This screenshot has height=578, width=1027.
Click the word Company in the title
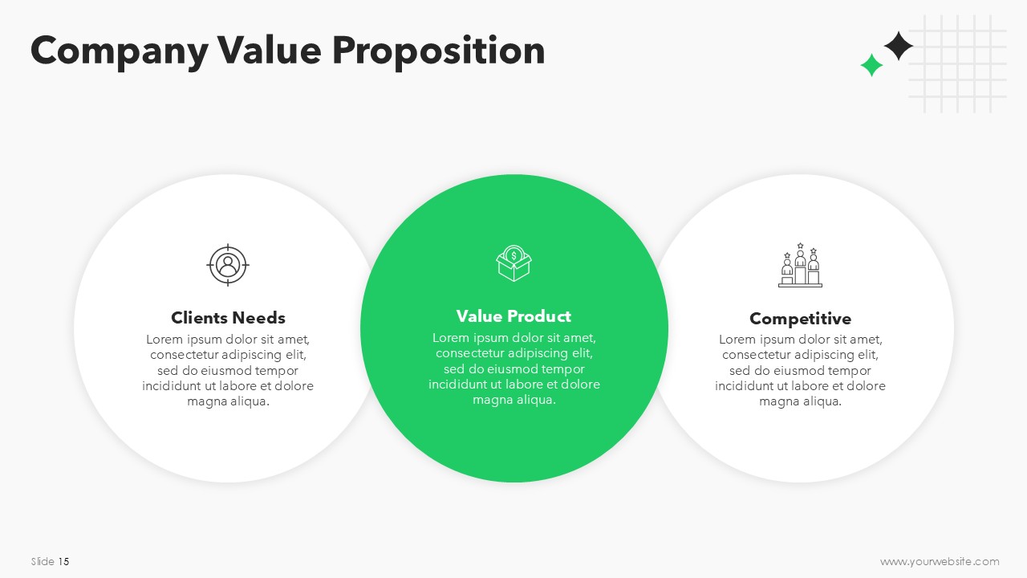coord(120,52)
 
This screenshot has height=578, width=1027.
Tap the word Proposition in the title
coord(439,52)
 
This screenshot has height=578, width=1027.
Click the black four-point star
coord(898,46)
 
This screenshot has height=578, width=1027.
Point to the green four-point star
coord(871,65)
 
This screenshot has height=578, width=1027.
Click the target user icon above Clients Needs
coord(228,265)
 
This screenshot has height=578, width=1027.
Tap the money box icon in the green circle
coord(513,263)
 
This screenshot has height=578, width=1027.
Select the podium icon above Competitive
coord(800,265)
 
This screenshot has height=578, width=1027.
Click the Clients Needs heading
coord(228,317)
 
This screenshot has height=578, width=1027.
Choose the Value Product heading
coord(513,316)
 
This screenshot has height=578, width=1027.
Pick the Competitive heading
coord(800,319)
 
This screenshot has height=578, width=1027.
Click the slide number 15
coord(63,561)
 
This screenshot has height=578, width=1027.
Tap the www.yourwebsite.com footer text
coord(940,561)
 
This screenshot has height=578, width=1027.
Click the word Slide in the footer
coord(43,561)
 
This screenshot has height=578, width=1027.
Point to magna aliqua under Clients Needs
coord(228,401)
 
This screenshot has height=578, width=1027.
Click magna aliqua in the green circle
coord(514,400)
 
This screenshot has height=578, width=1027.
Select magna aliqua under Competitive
coord(800,401)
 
